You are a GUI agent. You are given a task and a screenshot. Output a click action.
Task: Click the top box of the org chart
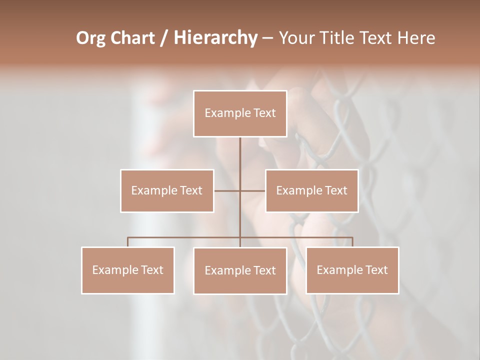tap(240, 113)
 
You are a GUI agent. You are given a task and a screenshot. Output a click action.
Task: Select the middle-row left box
tap(167, 190)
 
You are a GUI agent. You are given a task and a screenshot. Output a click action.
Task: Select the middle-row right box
tap(311, 190)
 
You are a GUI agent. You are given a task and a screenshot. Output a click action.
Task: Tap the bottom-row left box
tap(128, 270)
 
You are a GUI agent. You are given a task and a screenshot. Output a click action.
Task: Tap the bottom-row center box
tap(240, 270)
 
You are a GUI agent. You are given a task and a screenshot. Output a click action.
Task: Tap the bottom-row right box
tap(352, 270)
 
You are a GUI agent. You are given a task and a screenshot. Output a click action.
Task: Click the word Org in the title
tap(91, 38)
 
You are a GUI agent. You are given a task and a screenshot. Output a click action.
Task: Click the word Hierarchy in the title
tap(215, 38)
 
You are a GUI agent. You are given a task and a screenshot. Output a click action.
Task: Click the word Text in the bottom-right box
tap(376, 270)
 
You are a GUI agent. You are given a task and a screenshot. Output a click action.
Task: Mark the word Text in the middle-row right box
tap(335, 190)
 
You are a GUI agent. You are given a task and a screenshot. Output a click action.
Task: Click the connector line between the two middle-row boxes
tap(240, 190)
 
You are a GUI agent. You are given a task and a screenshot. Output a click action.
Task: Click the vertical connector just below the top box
tap(240, 150)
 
